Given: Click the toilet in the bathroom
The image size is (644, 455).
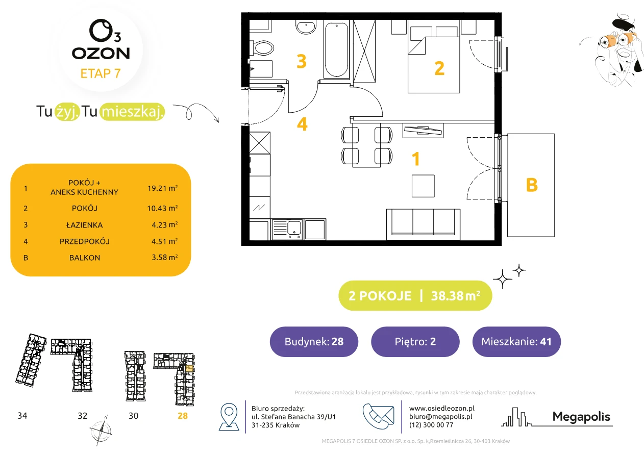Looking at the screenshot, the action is click(x=262, y=48).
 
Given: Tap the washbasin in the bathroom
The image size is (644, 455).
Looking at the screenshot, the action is click(x=306, y=27).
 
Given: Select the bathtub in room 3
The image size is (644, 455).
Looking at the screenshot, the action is click(x=336, y=49).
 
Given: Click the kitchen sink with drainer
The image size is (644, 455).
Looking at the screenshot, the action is click(x=287, y=230).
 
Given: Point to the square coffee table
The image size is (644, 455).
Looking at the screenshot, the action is click(x=423, y=186).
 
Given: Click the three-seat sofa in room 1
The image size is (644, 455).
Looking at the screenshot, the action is click(x=423, y=224).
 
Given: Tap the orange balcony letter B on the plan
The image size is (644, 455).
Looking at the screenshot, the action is click(x=532, y=185).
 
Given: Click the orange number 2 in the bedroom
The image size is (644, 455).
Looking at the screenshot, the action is click(x=439, y=68).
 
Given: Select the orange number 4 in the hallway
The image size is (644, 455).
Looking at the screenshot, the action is click(x=302, y=124).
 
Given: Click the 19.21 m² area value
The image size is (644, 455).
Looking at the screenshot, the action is click(x=162, y=188).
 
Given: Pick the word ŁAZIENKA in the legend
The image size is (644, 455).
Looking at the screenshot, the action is click(x=85, y=225).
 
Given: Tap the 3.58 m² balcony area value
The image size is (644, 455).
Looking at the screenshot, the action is click(x=164, y=257).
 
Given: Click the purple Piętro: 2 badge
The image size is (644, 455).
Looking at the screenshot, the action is click(x=415, y=341).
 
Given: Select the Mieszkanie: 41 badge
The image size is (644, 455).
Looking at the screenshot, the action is click(x=516, y=341).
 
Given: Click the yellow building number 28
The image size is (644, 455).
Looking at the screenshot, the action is click(x=183, y=416).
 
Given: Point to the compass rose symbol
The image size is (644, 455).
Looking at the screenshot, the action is click(x=101, y=431).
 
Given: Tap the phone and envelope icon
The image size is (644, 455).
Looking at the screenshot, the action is click(x=378, y=416).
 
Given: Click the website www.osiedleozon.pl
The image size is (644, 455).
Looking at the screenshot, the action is click(x=442, y=408).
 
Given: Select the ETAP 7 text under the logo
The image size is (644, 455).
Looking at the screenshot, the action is click(x=101, y=73).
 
